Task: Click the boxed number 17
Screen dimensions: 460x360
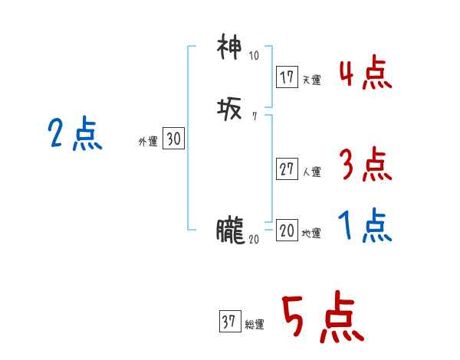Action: [x=287, y=77]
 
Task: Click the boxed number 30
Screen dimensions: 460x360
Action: [x=173, y=139]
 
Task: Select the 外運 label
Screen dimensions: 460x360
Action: [x=148, y=141]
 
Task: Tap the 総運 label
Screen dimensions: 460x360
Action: [x=255, y=324]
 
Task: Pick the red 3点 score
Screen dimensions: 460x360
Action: [x=365, y=164]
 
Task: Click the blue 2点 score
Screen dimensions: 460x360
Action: [x=75, y=135]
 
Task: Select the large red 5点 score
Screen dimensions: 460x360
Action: [x=322, y=318]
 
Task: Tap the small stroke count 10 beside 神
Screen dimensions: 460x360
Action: [x=255, y=56]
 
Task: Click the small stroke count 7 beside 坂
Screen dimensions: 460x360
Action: [x=254, y=117]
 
